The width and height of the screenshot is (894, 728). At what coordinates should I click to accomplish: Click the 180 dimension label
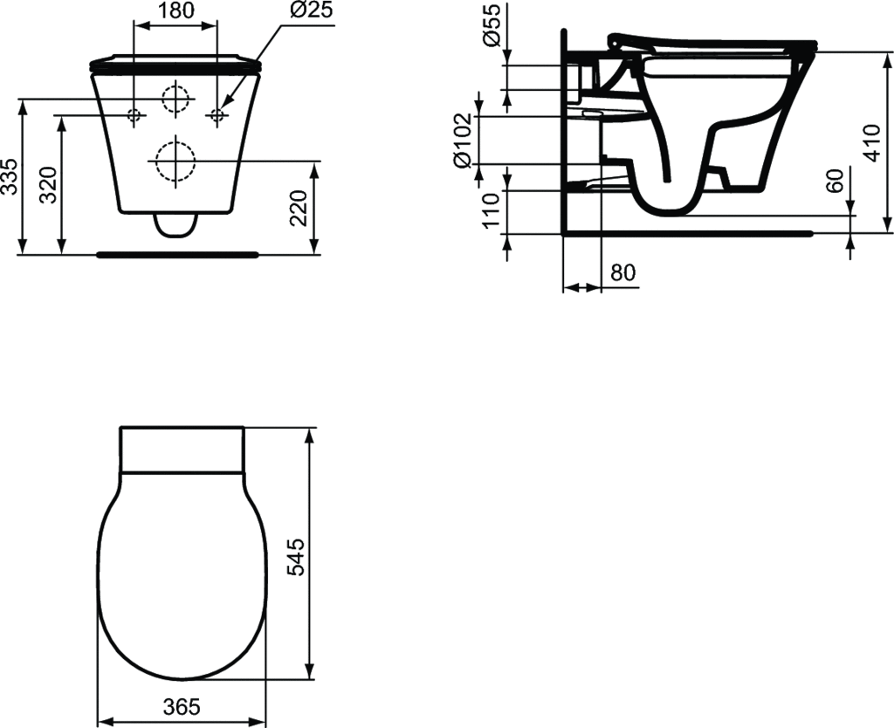175,10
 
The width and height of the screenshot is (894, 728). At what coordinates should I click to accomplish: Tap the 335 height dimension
10,176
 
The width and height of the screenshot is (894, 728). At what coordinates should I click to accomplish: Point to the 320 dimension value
49,185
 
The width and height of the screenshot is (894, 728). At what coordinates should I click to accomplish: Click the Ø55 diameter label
492,24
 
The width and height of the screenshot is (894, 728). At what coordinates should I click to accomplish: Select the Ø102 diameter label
463,141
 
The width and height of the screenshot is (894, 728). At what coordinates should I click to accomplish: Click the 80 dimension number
622,272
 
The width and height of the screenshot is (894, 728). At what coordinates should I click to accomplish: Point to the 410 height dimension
872,142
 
